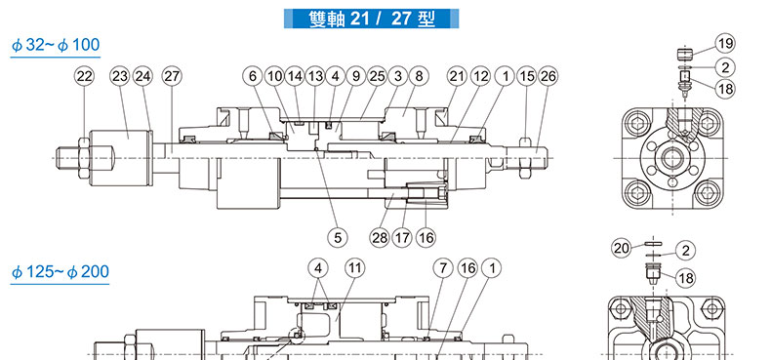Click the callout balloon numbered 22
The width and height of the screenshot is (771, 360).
85,76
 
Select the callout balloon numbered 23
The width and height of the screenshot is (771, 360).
119,76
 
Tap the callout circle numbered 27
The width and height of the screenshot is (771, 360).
172,76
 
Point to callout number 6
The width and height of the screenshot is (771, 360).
253,76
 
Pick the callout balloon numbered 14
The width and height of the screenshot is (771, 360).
295,76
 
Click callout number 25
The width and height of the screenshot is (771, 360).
377,76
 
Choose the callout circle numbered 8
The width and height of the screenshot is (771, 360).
419,76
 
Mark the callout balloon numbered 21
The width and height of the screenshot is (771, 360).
458,76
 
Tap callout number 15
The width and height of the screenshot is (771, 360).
527,76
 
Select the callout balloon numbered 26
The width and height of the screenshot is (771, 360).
548,76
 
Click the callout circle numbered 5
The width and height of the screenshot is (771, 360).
338,237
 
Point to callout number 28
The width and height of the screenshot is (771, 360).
380,237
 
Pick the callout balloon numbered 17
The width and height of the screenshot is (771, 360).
402,237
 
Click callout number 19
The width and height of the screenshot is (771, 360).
725,44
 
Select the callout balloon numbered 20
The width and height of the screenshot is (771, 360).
622,249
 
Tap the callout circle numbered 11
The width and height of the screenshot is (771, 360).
355,268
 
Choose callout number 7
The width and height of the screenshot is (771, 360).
443,268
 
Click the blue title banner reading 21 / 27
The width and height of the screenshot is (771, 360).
371,19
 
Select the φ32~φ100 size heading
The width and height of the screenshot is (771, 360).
56,45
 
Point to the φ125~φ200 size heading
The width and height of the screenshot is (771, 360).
60,272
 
